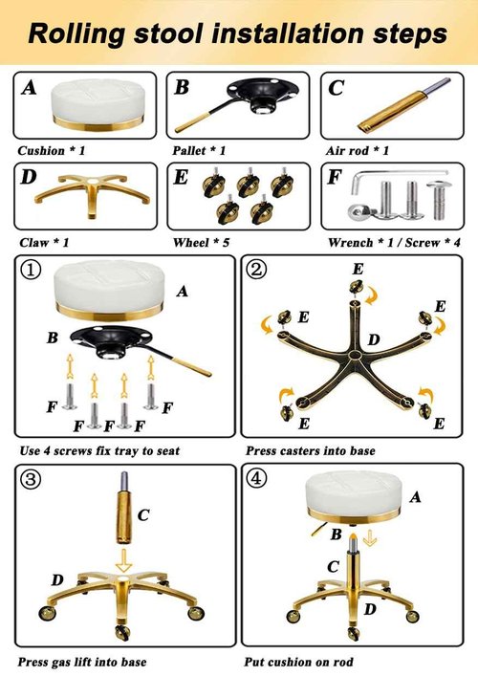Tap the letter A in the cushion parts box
click(x=30, y=88)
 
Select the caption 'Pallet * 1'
click(x=199, y=151)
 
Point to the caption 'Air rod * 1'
click(x=358, y=151)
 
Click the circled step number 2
click(x=257, y=271)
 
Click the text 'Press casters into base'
click(x=310, y=450)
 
